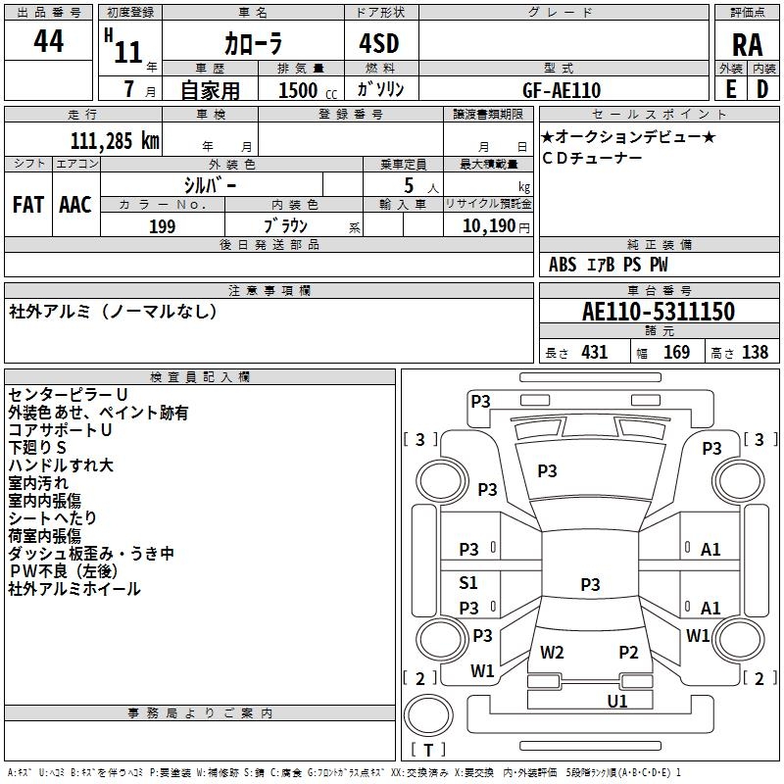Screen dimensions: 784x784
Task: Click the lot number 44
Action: click(x=48, y=40)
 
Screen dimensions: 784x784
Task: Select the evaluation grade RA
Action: click(x=747, y=45)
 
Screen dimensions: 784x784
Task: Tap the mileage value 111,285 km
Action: click(x=115, y=141)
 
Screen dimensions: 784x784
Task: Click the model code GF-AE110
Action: click(x=562, y=90)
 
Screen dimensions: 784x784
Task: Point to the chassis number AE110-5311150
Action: click(x=659, y=311)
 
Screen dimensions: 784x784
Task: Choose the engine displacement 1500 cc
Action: click(x=308, y=90)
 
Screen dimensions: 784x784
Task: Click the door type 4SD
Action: click(x=379, y=43)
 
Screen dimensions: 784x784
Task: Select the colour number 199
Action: click(x=162, y=226)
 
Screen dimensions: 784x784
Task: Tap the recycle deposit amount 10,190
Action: click(x=488, y=226)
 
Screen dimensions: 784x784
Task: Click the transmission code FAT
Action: click(x=28, y=205)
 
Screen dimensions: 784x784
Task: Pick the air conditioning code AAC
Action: click(x=75, y=205)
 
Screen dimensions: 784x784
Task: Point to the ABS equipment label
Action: click(x=563, y=265)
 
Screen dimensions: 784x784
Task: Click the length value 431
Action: click(x=595, y=352)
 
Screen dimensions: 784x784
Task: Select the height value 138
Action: click(x=755, y=352)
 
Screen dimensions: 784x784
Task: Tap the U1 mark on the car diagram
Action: click(x=617, y=701)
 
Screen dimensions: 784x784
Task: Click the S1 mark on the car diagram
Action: click(x=468, y=582)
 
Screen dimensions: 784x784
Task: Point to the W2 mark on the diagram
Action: click(x=552, y=652)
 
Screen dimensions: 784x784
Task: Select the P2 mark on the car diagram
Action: click(x=628, y=652)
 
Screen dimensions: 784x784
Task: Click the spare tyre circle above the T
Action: click(x=428, y=715)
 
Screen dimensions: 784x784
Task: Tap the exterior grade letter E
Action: click(x=731, y=89)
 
